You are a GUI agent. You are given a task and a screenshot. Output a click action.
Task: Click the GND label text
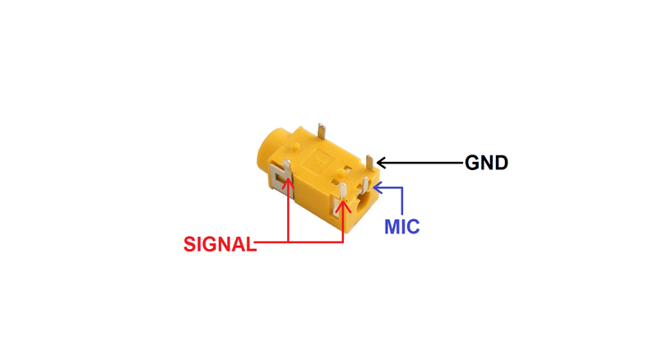(487, 163)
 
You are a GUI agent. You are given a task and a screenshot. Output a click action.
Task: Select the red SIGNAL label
(219, 244)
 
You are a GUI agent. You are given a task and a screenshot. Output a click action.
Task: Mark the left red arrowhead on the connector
(288, 182)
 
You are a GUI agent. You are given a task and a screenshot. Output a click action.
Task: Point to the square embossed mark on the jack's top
(322, 154)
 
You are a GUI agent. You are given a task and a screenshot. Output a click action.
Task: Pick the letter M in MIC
(392, 224)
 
